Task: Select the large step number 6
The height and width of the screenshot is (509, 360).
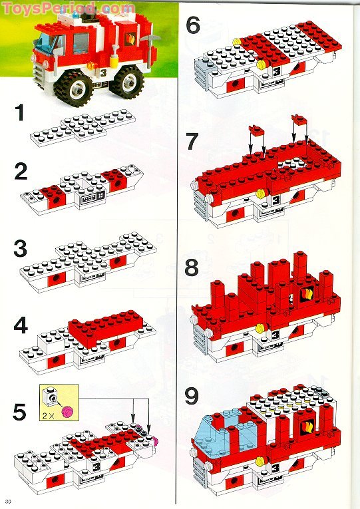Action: coord(193,26)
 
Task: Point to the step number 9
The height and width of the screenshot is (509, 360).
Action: coord(193,397)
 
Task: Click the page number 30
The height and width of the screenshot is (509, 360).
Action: coord(8,501)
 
